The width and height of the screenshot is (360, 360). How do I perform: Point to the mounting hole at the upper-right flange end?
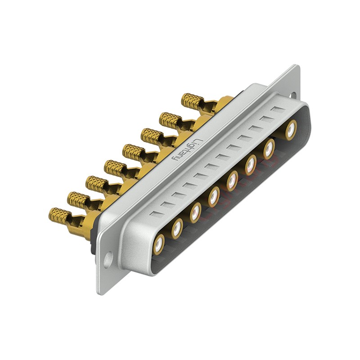[294, 95]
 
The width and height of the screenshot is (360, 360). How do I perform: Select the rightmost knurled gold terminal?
[193, 100]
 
